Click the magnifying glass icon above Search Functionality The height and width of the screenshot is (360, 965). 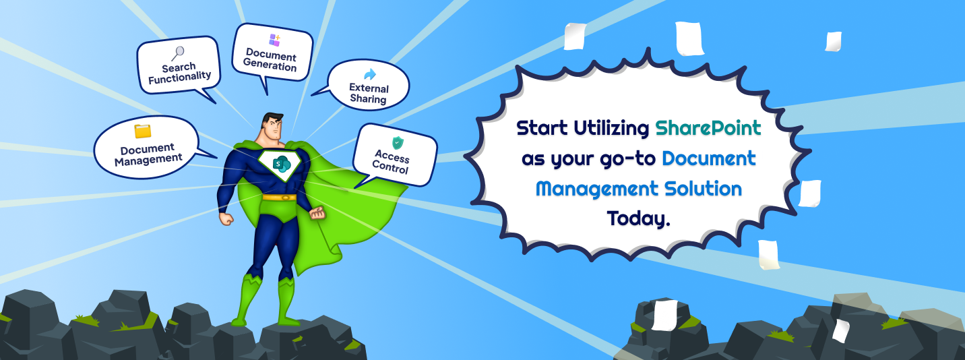pos(178,53)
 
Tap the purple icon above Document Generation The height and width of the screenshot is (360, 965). pos(274,40)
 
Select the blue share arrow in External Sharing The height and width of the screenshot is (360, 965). pos(369,74)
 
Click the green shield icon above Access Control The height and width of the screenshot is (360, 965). pos(398,142)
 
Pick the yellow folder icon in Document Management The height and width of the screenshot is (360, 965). pos(142,131)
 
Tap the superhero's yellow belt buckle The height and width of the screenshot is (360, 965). pos(279,198)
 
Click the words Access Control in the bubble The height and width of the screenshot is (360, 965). pos(392,162)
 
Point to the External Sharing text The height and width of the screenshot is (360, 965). pos(369,94)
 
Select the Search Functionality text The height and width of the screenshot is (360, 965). pos(179,72)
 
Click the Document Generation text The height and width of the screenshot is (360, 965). pos(271,60)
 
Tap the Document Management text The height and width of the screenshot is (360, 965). pos(148,154)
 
